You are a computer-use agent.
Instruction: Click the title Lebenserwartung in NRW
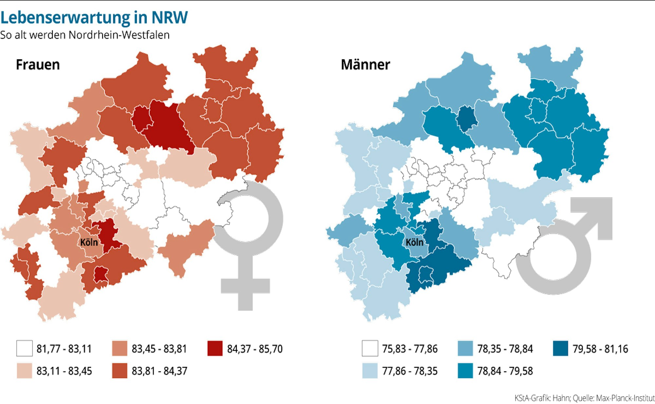click(94, 17)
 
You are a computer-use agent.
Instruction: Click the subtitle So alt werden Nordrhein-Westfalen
click(85, 35)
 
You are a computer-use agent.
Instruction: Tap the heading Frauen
click(38, 65)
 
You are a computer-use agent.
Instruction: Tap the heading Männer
click(365, 65)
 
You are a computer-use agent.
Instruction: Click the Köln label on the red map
click(89, 242)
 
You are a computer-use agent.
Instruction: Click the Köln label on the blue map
click(414, 242)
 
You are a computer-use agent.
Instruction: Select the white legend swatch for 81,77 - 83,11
click(25, 348)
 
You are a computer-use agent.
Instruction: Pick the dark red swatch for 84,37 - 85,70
click(215, 348)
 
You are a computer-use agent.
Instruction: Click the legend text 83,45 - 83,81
click(159, 349)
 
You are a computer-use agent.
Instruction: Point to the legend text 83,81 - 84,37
click(159, 371)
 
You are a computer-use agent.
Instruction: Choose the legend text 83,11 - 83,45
click(64, 371)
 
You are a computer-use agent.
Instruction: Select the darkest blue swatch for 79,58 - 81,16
click(560, 348)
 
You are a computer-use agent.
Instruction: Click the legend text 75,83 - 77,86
click(410, 349)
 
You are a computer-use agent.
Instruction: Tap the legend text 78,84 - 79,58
click(505, 371)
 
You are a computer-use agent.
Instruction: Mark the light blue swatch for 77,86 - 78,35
click(370, 371)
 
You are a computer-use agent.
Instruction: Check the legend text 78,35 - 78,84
click(505, 349)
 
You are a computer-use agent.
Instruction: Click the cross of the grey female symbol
click(245, 286)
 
